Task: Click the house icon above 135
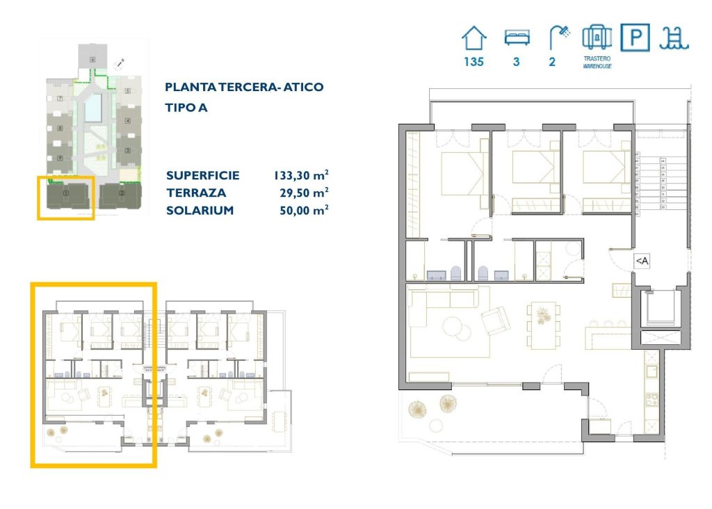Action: [474, 37]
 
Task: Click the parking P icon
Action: [635, 38]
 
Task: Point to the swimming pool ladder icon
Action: [674, 37]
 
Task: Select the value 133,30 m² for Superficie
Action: [300, 176]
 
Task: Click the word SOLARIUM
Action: [200, 210]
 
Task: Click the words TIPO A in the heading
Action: [186, 108]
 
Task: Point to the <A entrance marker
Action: [642, 261]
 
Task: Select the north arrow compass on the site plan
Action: [120, 63]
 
